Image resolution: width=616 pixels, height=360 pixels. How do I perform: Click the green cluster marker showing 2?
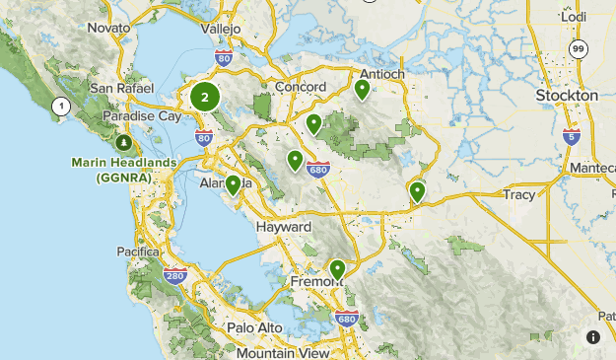click(205, 98)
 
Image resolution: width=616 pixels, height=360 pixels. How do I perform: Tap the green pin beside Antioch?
click(362, 90)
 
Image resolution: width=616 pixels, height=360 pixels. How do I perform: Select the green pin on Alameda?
click(234, 184)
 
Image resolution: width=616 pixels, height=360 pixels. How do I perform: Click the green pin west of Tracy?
click(417, 191)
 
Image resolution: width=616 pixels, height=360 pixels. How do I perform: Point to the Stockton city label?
click(567, 95)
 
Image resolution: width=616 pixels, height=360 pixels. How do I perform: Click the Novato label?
click(108, 28)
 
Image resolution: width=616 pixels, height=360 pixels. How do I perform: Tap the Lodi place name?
click(574, 17)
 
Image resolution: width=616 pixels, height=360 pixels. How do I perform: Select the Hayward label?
click(283, 227)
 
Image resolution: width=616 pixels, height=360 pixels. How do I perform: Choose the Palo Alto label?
click(254, 327)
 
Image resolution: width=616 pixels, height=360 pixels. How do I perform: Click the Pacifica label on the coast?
click(138, 252)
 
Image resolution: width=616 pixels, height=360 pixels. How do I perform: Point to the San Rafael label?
click(120, 88)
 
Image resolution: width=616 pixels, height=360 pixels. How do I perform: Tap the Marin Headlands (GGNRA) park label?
click(123, 170)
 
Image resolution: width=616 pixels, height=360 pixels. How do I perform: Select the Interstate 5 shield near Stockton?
click(573, 135)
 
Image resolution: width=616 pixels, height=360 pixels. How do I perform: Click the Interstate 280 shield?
click(174, 276)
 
